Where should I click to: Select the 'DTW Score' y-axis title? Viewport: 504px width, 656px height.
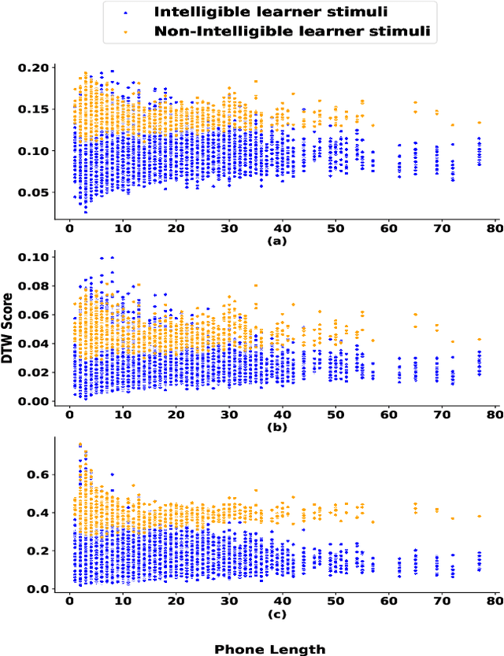[x=9, y=326]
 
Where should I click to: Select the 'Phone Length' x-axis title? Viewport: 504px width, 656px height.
[x=269, y=649]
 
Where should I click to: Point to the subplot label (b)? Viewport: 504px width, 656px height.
[x=277, y=426]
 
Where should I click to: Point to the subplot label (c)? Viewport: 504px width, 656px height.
[x=277, y=614]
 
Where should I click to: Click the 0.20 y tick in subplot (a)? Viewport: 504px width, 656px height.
[x=33, y=68]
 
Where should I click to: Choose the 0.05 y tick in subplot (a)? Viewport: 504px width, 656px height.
[x=33, y=193]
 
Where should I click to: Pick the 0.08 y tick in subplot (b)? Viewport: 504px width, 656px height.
[x=33, y=286]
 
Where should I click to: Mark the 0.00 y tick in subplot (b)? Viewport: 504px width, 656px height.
[x=33, y=401]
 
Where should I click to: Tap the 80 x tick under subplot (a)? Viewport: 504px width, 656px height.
[x=495, y=227]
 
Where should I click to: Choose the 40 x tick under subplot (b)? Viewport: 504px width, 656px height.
[x=282, y=415]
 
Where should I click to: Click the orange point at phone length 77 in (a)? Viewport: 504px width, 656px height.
[x=479, y=123]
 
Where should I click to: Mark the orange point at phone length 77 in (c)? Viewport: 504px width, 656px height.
[x=479, y=516]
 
